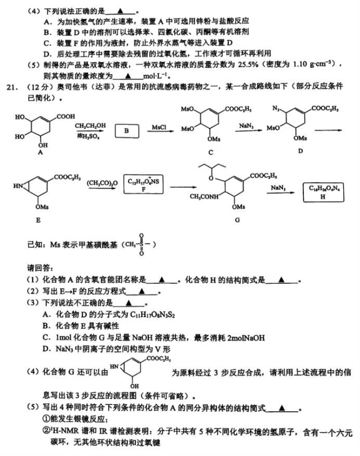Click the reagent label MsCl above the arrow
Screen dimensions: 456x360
159,127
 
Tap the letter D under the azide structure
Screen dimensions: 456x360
300,150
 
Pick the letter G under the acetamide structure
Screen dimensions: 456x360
238,220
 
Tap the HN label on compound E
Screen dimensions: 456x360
18,184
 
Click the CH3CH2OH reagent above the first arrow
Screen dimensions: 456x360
90,125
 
